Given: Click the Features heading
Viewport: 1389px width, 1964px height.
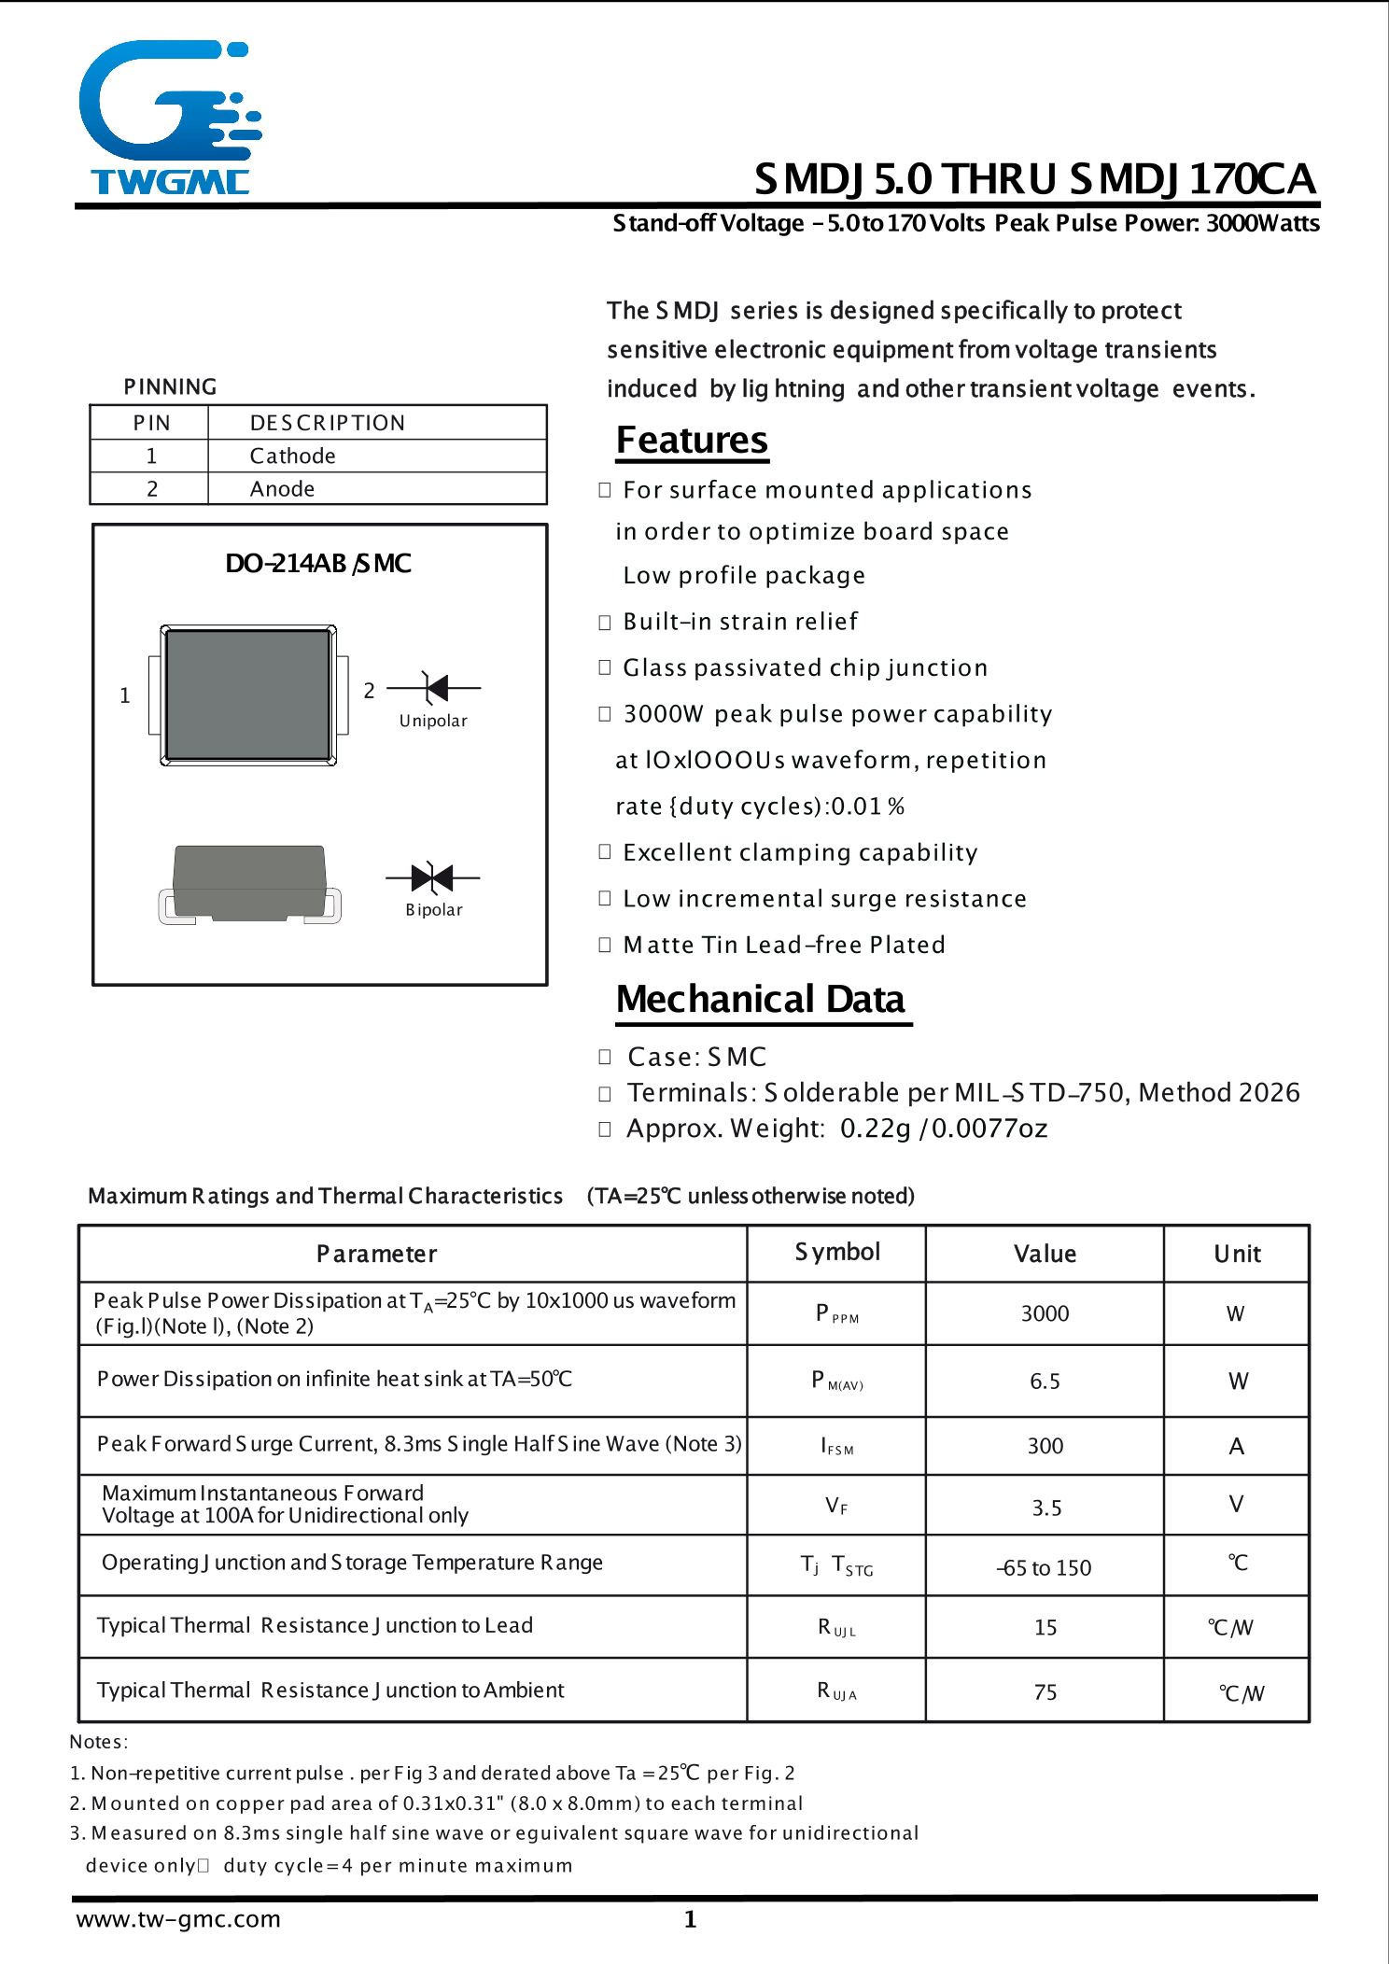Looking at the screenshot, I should pos(692,440).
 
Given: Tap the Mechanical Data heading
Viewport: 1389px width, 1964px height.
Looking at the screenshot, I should pos(760,999).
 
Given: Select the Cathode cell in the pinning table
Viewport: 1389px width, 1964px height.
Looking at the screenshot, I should pos(292,456).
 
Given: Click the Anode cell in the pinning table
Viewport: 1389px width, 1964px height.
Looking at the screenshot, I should pos(282,489).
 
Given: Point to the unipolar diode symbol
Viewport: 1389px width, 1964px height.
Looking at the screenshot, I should pos(434,688).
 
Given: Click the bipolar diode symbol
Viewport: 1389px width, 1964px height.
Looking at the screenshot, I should pos(432,877).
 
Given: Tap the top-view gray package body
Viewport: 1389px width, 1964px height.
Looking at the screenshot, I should pos(248,695).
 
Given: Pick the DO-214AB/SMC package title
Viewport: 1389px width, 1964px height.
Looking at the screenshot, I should pos(317,564).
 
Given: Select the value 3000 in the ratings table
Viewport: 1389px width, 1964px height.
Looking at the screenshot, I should pos(1045,1313).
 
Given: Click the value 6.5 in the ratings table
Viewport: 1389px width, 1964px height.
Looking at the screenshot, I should pos(1045,1382).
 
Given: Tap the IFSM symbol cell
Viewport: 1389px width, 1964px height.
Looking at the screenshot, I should pos(836,1447).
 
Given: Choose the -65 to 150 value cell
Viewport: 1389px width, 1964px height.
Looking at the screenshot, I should pos(1044,1568).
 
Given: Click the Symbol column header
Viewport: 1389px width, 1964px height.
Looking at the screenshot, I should pos(837,1252).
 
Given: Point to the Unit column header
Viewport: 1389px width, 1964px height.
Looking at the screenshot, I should pos(1237,1254).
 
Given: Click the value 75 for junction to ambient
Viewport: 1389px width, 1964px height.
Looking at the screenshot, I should pos(1045,1692).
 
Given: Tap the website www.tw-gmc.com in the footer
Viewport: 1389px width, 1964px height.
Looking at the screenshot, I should pos(178,1919).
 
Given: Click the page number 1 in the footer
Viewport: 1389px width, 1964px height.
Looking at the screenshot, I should pos(690,1919).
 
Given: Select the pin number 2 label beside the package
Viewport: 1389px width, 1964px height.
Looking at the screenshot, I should pos(369,691).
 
